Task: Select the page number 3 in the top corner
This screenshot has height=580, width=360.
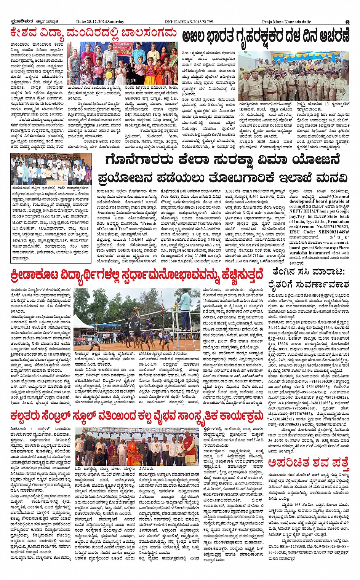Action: pos(347,22)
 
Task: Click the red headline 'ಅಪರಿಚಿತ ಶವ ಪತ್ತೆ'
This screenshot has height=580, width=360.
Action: pos(308,463)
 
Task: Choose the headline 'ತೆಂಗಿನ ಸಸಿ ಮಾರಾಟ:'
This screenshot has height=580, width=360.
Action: pos(309,272)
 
